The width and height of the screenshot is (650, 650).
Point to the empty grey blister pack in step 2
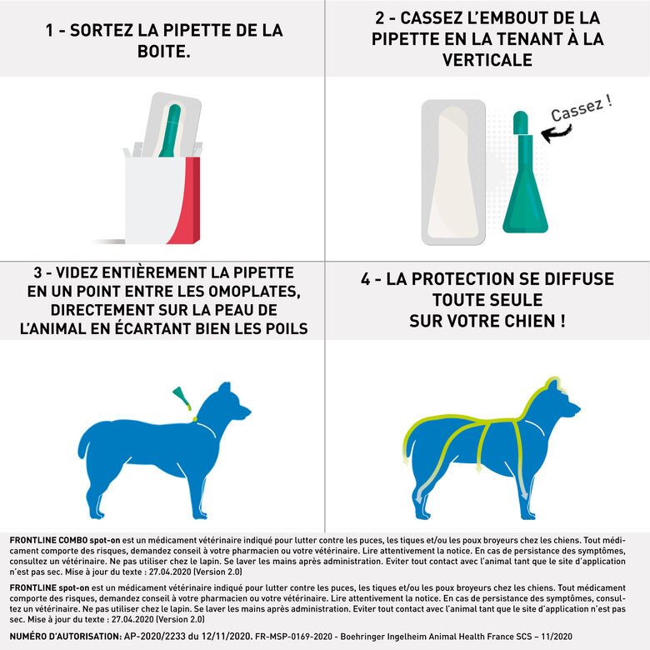tap(453, 172)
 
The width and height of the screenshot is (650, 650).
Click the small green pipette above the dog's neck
tap(181, 397)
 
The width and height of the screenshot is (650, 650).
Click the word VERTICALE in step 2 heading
tap(487, 61)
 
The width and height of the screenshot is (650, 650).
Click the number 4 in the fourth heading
tap(365, 279)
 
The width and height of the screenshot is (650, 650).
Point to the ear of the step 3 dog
tap(224, 388)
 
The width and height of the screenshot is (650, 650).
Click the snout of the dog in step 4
tap(574, 411)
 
